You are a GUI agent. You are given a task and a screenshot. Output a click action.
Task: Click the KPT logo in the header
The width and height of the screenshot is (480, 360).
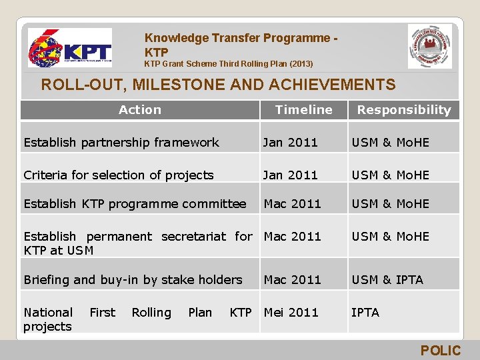[x=69, y=48]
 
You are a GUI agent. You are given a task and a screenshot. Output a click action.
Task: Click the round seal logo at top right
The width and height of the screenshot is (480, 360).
[x=429, y=47]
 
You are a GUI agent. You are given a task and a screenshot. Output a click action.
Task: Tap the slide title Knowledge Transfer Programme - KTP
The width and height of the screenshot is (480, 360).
[x=240, y=45]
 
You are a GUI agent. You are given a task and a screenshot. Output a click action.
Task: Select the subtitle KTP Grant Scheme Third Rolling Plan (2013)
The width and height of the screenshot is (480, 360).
[x=229, y=65]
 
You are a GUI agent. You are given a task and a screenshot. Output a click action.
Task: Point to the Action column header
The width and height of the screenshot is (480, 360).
[x=139, y=110]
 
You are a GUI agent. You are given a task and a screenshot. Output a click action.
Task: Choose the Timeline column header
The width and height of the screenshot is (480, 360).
[x=303, y=110]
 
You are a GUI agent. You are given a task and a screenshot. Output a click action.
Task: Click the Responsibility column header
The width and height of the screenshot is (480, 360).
[x=404, y=110]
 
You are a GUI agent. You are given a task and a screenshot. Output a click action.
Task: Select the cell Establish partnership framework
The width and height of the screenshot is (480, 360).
[x=121, y=142]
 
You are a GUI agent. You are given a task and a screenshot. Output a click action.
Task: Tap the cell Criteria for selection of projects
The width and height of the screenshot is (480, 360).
[x=119, y=175]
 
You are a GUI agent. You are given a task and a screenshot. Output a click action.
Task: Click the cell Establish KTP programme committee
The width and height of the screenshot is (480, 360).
[x=135, y=204]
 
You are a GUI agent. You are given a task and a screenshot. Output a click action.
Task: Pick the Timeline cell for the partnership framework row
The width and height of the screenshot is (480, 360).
[x=291, y=142]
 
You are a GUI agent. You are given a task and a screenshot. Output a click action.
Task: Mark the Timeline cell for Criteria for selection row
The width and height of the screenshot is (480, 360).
[x=291, y=175]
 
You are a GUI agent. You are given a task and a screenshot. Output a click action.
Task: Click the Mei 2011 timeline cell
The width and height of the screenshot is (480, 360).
[x=291, y=312]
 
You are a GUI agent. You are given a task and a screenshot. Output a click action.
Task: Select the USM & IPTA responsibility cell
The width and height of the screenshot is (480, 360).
[x=387, y=280]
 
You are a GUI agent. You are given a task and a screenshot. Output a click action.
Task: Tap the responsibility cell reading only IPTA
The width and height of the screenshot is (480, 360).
[x=365, y=312]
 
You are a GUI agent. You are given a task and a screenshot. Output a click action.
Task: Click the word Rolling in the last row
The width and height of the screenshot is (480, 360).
[x=151, y=312]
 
